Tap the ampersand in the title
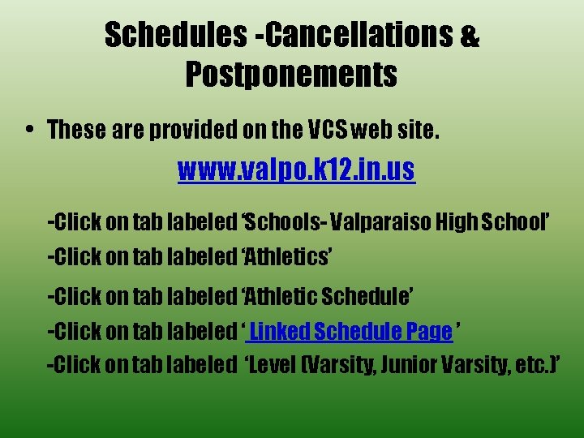click(x=470, y=36)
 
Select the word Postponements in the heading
click(x=291, y=75)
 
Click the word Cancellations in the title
click(x=358, y=35)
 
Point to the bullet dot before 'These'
click(x=29, y=130)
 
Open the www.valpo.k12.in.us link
click(x=296, y=171)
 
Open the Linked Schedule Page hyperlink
click(x=350, y=331)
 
